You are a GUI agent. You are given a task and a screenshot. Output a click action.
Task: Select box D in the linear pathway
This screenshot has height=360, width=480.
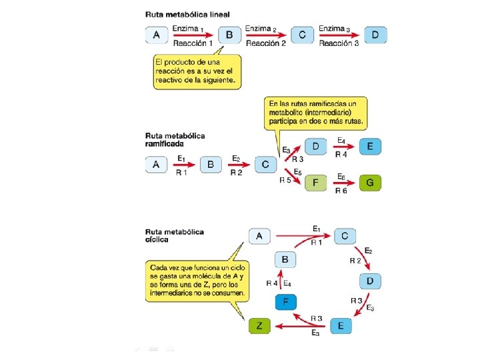(x=375, y=35)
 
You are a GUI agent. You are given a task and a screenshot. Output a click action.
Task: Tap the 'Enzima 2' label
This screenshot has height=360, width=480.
(x=261, y=29)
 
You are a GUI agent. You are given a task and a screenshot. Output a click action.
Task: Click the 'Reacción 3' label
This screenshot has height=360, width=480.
(x=339, y=43)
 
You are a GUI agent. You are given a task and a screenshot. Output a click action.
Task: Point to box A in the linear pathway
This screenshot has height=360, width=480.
(x=156, y=35)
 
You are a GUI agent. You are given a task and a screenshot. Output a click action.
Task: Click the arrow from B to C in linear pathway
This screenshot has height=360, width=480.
(x=265, y=36)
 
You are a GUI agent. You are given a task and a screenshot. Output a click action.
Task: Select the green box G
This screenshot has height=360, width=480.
(x=370, y=181)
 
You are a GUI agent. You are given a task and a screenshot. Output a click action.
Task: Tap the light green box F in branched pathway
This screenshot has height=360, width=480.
(x=315, y=181)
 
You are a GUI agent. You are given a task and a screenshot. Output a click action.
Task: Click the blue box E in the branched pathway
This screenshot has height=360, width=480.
(x=370, y=146)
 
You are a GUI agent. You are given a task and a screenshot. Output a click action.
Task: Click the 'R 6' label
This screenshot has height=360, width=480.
(x=341, y=191)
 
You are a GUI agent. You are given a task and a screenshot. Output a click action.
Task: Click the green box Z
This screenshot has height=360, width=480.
(x=259, y=326)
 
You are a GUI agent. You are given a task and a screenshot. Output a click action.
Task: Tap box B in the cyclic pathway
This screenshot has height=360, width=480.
(x=285, y=260)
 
